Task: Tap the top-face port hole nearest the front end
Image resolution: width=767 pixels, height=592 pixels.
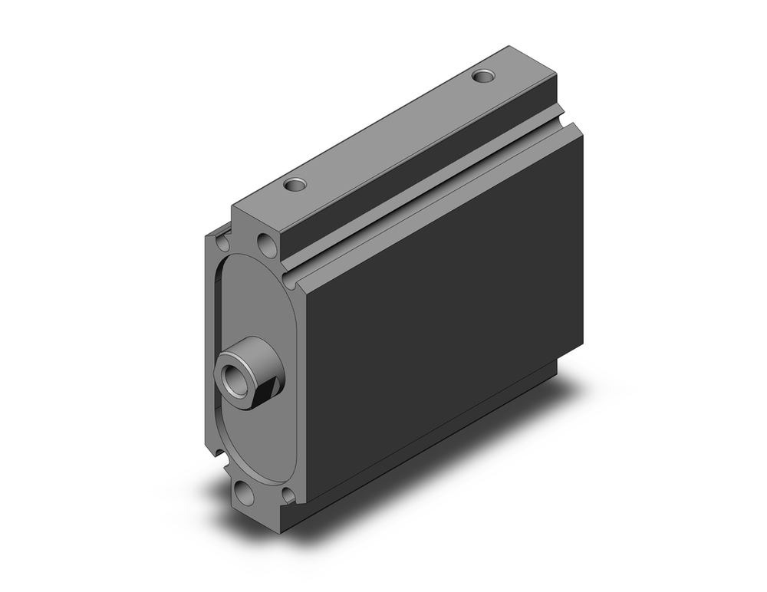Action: point(294,184)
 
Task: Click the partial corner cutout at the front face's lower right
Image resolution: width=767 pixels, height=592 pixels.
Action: point(288,495)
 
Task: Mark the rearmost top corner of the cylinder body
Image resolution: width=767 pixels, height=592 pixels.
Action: point(505,48)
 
